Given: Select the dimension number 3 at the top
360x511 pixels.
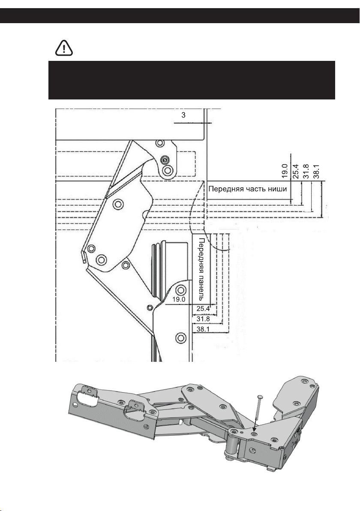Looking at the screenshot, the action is (x=183, y=115).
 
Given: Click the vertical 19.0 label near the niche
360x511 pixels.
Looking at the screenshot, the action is (x=285, y=171).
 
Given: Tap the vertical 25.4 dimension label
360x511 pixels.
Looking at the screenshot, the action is (x=295, y=171).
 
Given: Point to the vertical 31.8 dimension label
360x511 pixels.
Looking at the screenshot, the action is (x=306, y=171).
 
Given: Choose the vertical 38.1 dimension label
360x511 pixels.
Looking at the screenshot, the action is (x=316, y=171).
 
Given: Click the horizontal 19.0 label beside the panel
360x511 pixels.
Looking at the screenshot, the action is (x=179, y=299).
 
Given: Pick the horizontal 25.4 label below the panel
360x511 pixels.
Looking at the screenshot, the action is (x=203, y=308).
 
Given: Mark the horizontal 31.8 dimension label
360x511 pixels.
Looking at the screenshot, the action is (x=203, y=319).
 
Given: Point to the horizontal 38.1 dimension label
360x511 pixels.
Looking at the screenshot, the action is (x=203, y=329).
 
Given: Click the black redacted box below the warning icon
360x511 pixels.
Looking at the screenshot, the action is (x=192, y=80).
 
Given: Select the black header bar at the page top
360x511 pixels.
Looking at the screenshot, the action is (x=180, y=15).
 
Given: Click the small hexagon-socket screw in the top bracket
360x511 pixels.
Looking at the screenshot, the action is (x=166, y=160).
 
